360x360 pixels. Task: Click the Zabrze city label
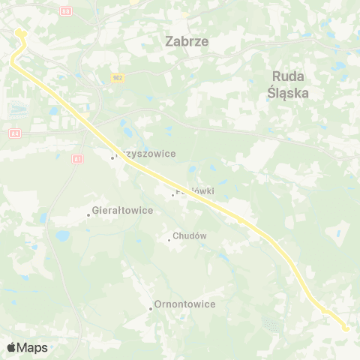click(x=186, y=42)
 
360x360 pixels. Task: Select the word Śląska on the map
click(x=288, y=94)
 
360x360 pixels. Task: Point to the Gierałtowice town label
click(x=122, y=211)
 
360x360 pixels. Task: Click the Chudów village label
click(x=189, y=236)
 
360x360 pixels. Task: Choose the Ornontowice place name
click(x=184, y=304)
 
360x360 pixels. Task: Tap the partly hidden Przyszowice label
click(x=147, y=154)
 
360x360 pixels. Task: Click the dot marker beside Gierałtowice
click(x=88, y=215)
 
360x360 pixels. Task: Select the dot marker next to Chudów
click(x=169, y=240)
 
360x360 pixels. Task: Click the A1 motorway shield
click(x=77, y=159)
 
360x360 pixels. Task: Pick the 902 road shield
click(x=117, y=77)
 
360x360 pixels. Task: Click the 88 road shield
click(x=66, y=11)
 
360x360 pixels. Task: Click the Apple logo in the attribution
click(x=11, y=347)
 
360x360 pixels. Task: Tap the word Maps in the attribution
click(x=32, y=347)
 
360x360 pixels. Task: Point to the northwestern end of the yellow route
click(x=18, y=31)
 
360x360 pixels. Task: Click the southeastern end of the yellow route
click(x=346, y=327)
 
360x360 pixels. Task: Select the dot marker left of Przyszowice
click(x=113, y=157)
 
